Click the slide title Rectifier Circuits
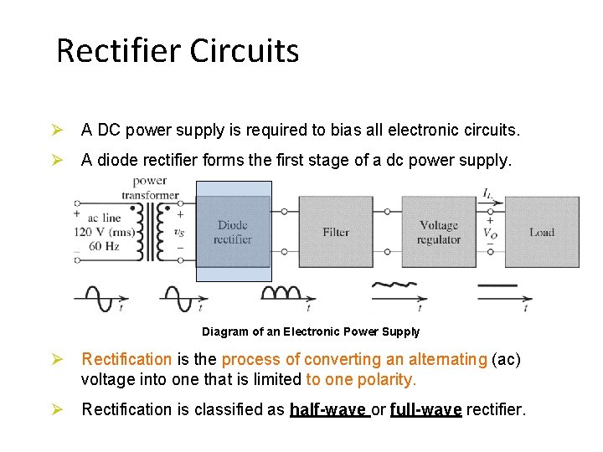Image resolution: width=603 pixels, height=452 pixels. click(x=177, y=51)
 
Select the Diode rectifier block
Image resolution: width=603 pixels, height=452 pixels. click(x=233, y=232)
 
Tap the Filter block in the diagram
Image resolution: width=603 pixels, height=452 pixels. click(x=335, y=232)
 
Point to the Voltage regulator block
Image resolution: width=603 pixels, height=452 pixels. click(x=439, y=232)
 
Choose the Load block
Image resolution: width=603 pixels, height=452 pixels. click(x=542, y=232)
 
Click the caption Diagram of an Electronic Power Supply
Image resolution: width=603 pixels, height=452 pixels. click(x=311, y=331)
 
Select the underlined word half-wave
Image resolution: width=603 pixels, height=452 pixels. click(x=328, y=411)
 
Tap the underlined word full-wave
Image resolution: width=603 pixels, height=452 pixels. click(x=425, y=411)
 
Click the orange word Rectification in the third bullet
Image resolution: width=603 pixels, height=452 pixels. click(x=126, y=360)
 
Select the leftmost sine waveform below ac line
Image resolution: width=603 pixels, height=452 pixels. click(x=96, y=296)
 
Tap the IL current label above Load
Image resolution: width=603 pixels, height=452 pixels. click(x=487, y=193)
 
